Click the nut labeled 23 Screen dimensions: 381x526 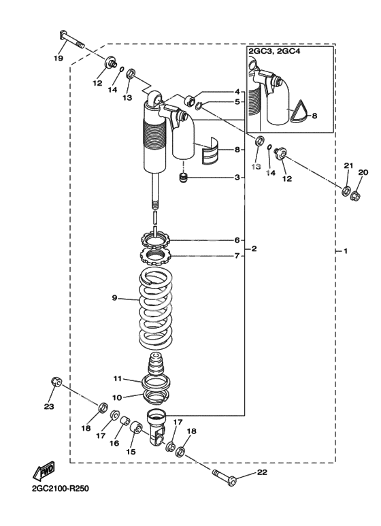pos(56,382)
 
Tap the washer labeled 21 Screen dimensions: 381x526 pos(346,191)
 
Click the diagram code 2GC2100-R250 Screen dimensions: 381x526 pos(61,489)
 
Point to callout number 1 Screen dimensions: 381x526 pos(346,250)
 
